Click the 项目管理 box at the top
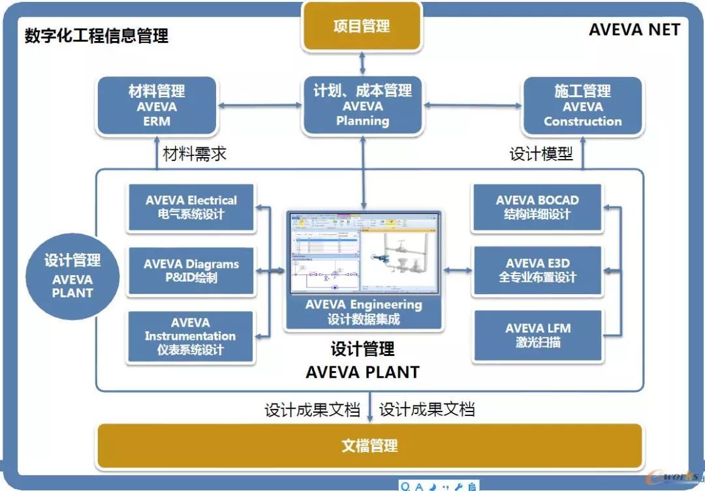click(362, 27)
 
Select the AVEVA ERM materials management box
click(157, 106)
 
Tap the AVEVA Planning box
click(362, 106)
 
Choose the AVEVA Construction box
click(582, 106)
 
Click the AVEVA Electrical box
click(191, 207)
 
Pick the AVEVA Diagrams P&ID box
click(191, 271)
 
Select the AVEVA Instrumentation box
click(190, 336)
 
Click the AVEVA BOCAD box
click(537, 207)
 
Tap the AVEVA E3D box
click(537, 271)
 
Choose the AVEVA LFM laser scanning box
click(537, 335)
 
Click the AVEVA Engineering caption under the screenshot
click(363, 312)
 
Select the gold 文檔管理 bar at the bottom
click(369, 446)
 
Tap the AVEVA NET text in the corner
click(634, 30)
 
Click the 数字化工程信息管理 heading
click(97, 36)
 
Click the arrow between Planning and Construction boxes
click(473, 105)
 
